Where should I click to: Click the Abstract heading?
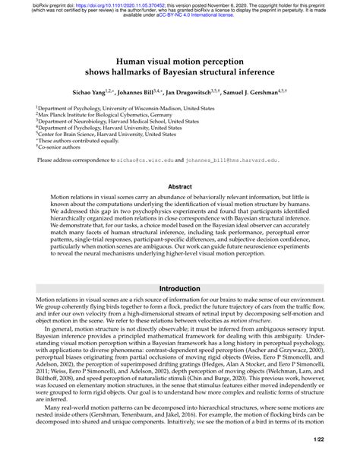179,185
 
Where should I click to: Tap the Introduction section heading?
179,290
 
